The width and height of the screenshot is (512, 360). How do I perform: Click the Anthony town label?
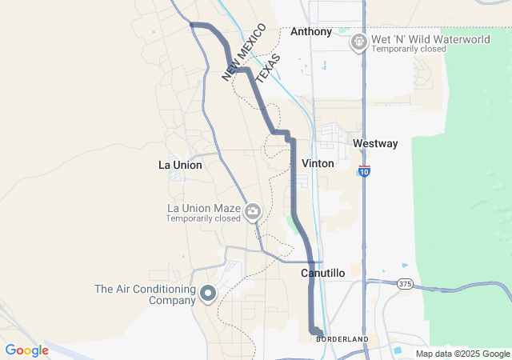click(310, 32)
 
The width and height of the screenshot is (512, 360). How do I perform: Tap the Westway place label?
click(375, 144)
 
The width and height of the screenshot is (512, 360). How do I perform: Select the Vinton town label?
click(318, 163)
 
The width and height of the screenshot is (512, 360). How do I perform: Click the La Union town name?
click(180, 166)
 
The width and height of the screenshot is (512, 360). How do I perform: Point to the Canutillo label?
click(322, 273)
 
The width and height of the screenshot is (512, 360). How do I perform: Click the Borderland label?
click(342, 339)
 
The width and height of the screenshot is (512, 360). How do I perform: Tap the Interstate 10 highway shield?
click(365, 170)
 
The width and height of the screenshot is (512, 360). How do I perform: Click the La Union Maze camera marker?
click(253, 211)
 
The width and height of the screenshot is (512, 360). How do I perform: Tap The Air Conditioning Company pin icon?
click(208, 294)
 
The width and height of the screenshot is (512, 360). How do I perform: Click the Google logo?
click(27, 350)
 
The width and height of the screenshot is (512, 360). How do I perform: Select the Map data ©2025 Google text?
click(462, 354)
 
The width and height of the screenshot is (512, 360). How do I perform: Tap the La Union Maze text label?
click(203, 208)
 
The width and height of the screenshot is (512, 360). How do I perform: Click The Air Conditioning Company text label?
click(145, 294)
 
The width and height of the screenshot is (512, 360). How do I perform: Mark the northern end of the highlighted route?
click(192, 25)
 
